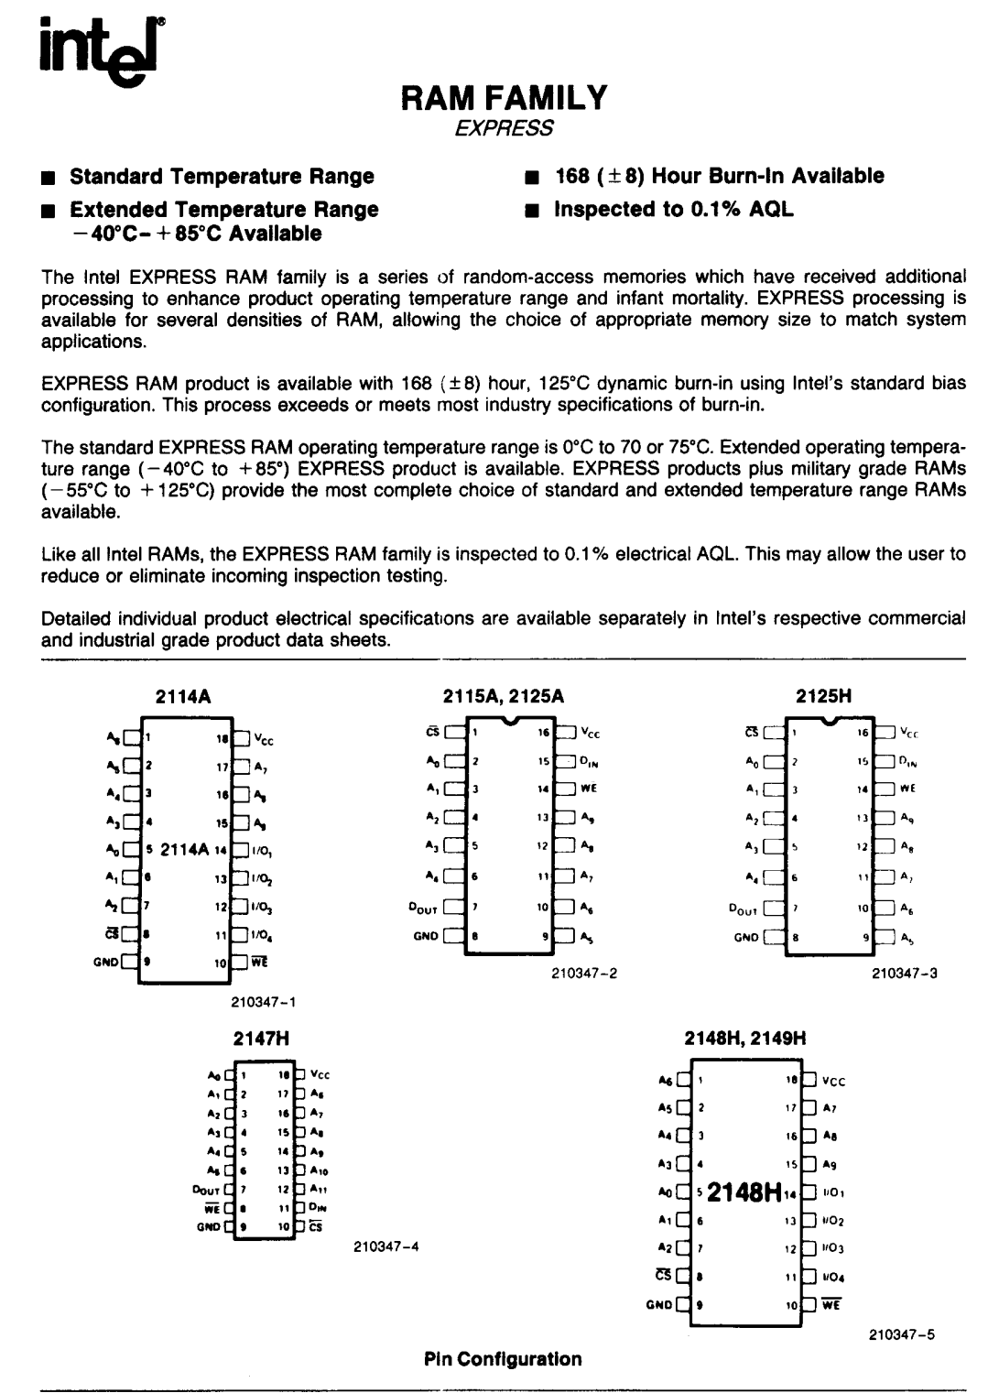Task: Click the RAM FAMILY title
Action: pyautogui.click(x=504, y=97)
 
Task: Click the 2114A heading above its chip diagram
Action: pyautogui.click(x=187, y=696)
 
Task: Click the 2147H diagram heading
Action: pyautogui.click(x=255, y=1039)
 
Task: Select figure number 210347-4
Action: pyautogui.click(x=385, y=1246)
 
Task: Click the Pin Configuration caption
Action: pyautogui.click(x=503, y=1359)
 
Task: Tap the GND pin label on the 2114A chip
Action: pyautogui.click(x=106, y=962)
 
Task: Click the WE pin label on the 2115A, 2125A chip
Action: pyautogui.click(x=589, y=788)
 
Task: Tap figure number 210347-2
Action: pyautogui.click(x=584, y=973)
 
